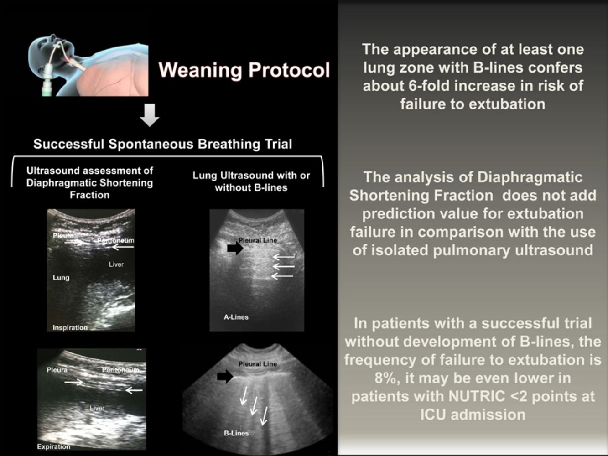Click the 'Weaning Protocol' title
pos(244,70)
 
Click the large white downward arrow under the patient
pos(150,115)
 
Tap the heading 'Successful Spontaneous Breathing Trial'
pos(162,144)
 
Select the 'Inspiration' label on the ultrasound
pos(70,327)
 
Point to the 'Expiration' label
pos(54,446)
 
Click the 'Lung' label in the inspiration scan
pos(61,278)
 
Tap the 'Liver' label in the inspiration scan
pos(116,264)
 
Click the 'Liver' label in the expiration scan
pos(97,408)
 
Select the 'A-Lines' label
pos(236,317)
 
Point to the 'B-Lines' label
pos(236,433)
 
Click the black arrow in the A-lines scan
pos(235,248)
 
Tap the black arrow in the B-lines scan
pos(225,376)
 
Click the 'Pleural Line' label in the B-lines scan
pos(258,364)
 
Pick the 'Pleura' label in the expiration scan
pos(57,370)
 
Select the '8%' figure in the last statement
pos(386,378)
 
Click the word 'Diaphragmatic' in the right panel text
pos(530,177)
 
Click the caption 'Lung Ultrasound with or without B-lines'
pos(251,181)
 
